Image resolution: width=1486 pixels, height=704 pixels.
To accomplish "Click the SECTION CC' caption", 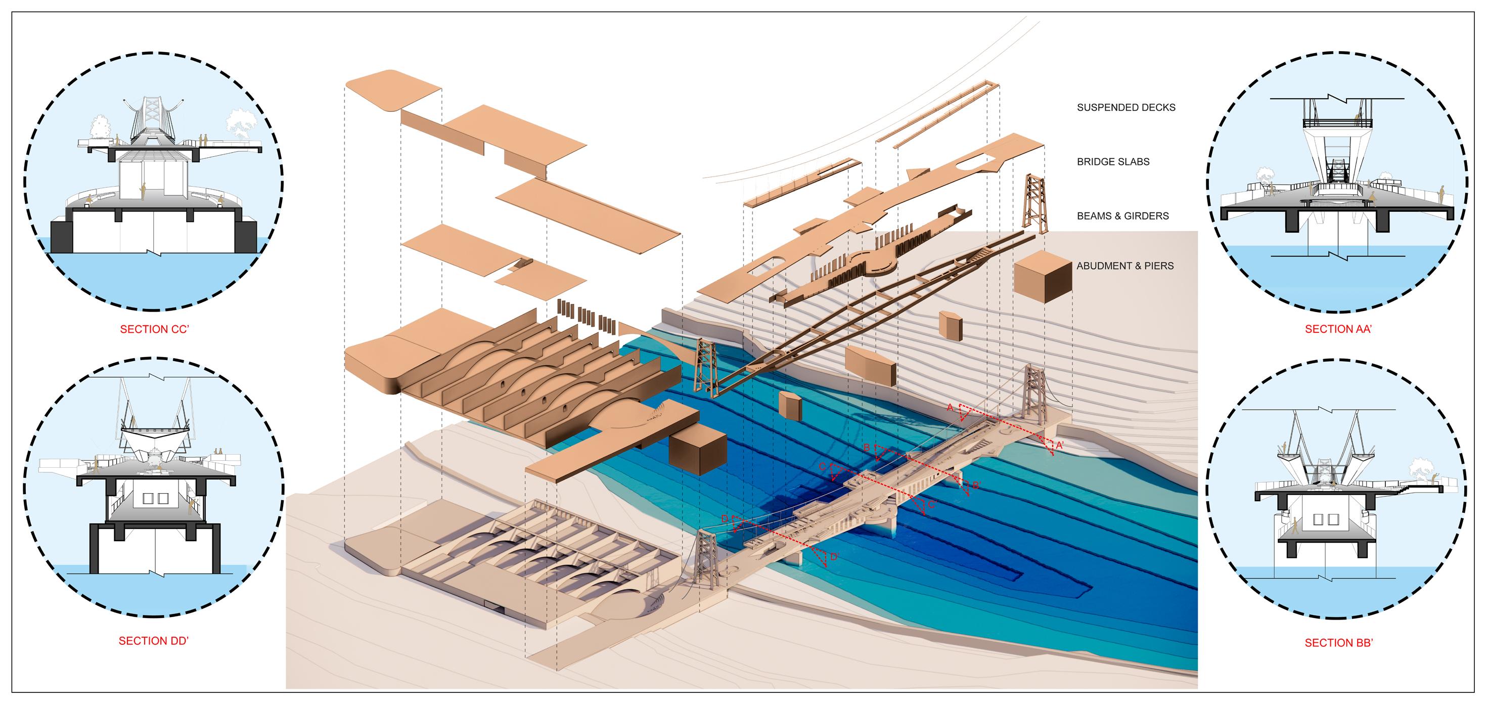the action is click(x=155, y=330).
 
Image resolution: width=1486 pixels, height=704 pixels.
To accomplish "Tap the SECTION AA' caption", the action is click(x=1338, y=330).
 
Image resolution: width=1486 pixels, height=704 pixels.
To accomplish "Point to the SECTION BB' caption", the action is click(x=1339, y=643).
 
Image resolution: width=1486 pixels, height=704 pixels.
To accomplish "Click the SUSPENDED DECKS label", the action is click(x=1126, y=107).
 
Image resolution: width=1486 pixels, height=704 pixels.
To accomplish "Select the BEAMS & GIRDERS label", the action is click(x=1122, y=216).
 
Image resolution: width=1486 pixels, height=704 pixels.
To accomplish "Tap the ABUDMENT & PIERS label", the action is click(x=1125, y=266).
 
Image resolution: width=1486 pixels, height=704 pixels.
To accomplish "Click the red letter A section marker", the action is click(x=951, y=408).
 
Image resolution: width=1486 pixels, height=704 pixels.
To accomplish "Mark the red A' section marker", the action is click(x=1060, y=445).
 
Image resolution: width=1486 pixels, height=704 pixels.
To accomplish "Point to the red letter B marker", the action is click(x=867, y=448).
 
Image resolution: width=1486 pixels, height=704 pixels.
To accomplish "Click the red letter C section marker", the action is click(x=823, y=466).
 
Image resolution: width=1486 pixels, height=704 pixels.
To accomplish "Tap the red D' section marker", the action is click(x=834, y=557).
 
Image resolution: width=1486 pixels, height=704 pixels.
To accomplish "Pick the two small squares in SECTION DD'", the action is click(x=155, y=498).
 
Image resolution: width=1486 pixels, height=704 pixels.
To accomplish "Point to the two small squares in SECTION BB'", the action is click(x=1326, y=519).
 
